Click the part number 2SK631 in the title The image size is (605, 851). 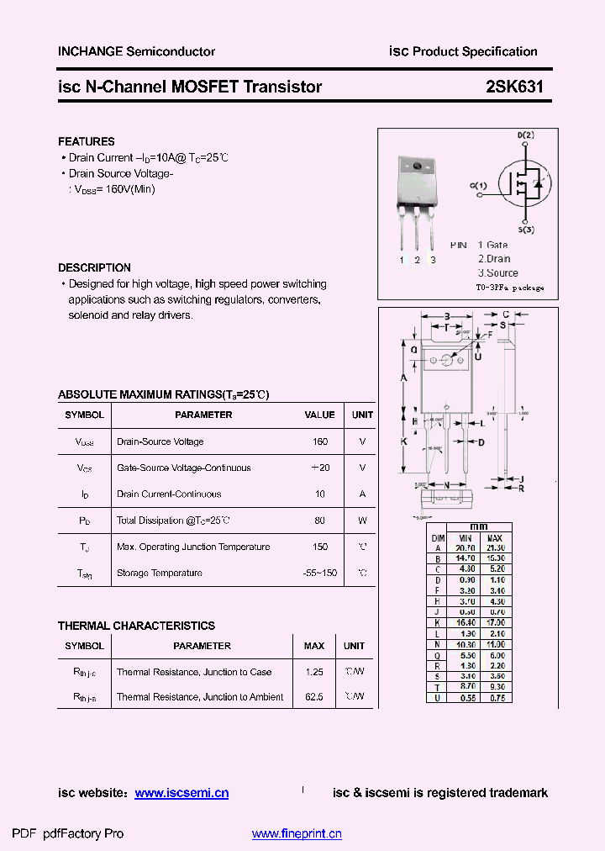pyautogui.click(x=514, y=87)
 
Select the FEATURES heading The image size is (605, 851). pyautogui.click(x=86, y=141)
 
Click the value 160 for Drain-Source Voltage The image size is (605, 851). pyautogui.click(x=319, y=441)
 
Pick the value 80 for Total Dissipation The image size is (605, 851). pyautogui.click(x=319, y=521)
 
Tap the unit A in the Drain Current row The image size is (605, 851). pyautogui.click(x=362, y=494)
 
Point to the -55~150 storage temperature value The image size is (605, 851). pyautogui.click(x=319, y=573)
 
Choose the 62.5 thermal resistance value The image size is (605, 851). pyautogui.click(x=314, y=697)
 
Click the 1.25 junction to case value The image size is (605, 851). pyautogui.click(x=314, y=672)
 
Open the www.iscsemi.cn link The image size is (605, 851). pyautogui.click(x=181, y=793)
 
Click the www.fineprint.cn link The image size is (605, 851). pyautogui.click(x=297, y=834)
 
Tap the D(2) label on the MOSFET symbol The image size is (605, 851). pyautogui.click(x=525, y=135)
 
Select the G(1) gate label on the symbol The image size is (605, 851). pyautogui.click(x=478, y=185)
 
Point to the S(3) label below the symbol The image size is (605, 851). pyautogui.click(x=526, y=230)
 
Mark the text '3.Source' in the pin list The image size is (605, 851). pyautogui.click(x=497, y=273)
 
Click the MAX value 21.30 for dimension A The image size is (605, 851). pyautogui.click(x=495, y=547)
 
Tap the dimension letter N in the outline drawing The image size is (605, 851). pyautogui.click(x=446, y=485)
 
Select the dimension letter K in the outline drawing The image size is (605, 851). pyautogui.click(x=403, y=441)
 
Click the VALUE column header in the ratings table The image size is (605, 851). pyautogui.click(x=319, y=415)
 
